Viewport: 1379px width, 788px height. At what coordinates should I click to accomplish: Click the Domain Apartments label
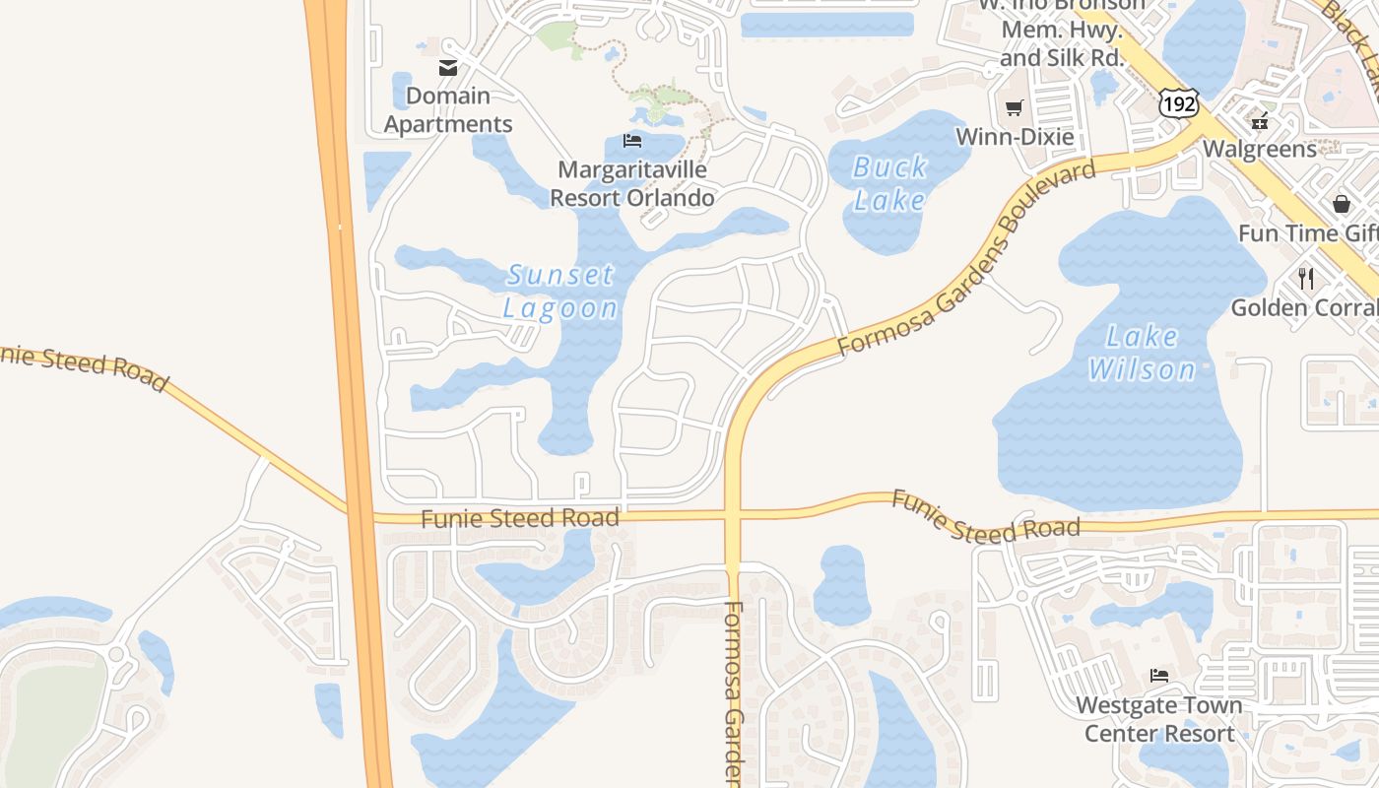click(x=448, y=109)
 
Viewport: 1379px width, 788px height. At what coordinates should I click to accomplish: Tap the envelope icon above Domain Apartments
click(x=448, y=68)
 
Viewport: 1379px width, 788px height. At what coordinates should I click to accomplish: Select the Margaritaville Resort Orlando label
click(x=631, y=183)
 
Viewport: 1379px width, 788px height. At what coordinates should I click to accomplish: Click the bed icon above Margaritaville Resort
click(x=632, y=141)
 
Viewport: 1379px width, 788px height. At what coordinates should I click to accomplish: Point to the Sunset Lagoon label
click(x=560, y=291)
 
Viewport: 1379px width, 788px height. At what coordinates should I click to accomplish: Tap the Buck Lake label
click(x=889, y=183)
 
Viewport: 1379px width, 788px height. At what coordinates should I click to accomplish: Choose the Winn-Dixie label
click(x=1015, y=137)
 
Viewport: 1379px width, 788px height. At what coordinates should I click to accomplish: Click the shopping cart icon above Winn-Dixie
click(x=1015, y=107)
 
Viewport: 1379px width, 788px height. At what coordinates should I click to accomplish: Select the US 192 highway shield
click(x=1177, y=102)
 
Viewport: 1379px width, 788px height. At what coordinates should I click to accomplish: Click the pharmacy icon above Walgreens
click(x=1259, y=121)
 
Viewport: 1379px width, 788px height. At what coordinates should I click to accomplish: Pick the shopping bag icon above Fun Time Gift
click(x=1341, y=204)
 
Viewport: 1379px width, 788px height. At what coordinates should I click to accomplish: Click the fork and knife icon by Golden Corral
click(x=1306, y=278)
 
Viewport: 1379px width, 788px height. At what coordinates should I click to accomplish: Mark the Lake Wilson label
click(x=1142, y=353)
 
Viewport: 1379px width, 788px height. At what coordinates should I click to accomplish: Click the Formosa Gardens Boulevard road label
click(x=965, y=260)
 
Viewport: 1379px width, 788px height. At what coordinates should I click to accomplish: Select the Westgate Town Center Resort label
click(x=1159, y=719)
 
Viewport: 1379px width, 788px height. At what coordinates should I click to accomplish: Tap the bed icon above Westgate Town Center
click(x=1159, y=676)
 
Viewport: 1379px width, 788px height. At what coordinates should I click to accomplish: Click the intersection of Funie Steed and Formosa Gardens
click(x=732, y=514)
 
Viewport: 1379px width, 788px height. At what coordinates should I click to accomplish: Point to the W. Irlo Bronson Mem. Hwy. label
click(x=1061, y=30)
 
